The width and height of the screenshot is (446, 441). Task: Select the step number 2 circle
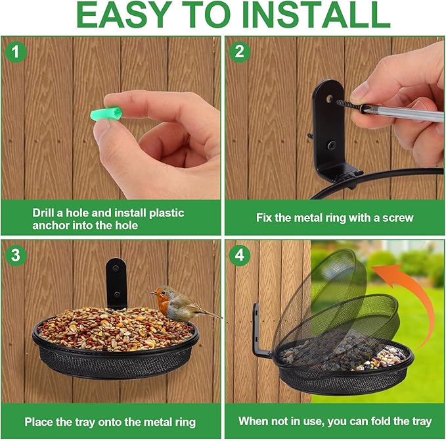tap(240, 51)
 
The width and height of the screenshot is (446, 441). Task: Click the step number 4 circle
tap(240, 255)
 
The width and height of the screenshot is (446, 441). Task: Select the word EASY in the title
tap(129, 16)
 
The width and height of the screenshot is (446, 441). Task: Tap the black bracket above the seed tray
tap(116, 281)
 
